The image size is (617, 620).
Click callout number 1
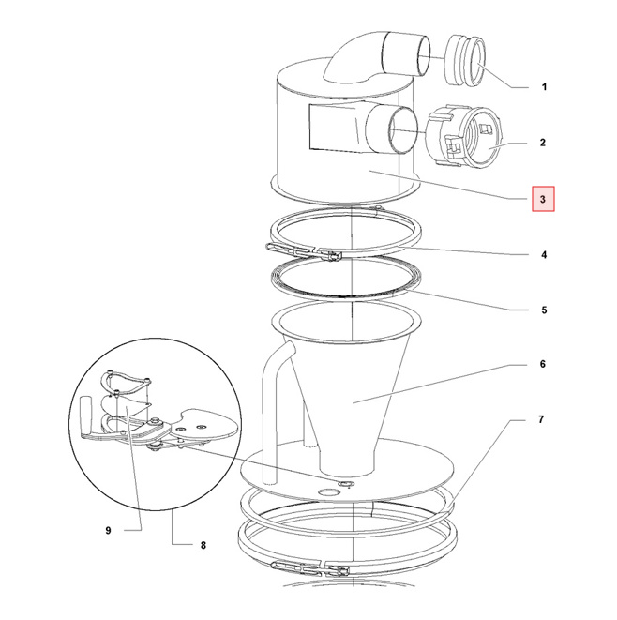(544, 86)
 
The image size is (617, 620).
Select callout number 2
(543, 143)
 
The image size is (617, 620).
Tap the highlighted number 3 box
(543, 199)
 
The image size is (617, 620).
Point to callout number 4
(544, 254)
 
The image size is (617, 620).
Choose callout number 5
(544, 310)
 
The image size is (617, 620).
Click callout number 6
(543, 364)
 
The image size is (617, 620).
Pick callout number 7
(541, 419)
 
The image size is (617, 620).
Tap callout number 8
(203, 545)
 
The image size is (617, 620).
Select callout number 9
(108, 530)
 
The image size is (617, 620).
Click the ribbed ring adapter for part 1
(465, 60)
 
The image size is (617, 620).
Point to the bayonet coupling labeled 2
(463, 136)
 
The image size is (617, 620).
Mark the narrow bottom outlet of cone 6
(347, 459)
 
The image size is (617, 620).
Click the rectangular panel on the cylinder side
(333, 128)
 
